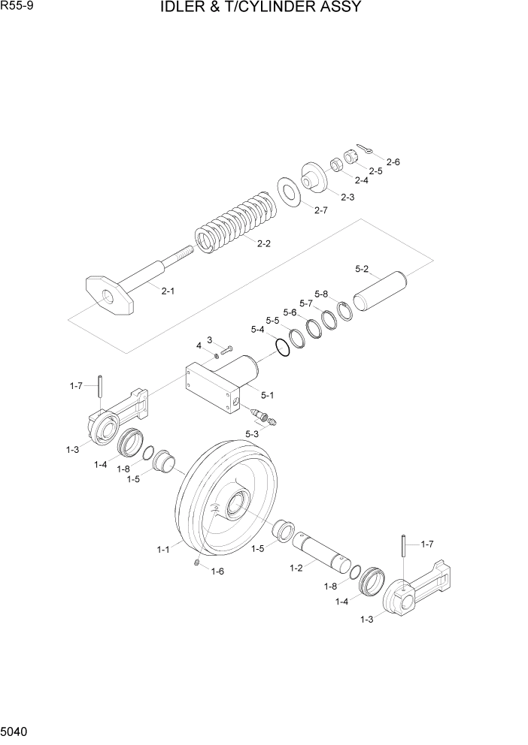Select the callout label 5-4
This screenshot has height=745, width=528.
point(257,330)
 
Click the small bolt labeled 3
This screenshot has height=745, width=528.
point(228,349)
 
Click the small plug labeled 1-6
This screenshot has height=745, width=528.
point(197,563)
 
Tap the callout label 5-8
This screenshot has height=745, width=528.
point(321,294)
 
